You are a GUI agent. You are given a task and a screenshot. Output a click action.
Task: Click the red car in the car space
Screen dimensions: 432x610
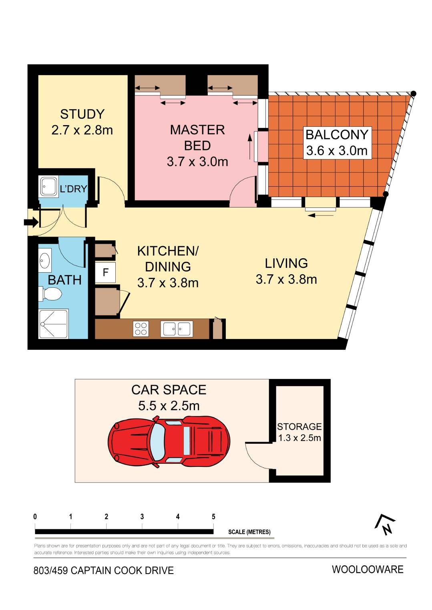click(x=169, y=442)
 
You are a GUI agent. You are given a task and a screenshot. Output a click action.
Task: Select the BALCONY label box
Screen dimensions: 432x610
click(x=337, y=143)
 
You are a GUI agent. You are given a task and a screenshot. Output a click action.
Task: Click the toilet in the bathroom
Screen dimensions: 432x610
click(x=50, y=294)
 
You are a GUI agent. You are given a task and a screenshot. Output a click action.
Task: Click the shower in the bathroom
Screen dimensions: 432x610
click(x=54, y=324)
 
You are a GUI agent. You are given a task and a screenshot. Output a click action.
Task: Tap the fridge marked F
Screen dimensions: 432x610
click(x=105, y=272)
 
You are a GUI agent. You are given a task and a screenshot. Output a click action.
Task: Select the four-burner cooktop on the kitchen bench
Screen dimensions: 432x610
click(x=141, y=329)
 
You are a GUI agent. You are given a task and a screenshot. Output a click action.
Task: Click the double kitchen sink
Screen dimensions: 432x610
click(x=177, y=329)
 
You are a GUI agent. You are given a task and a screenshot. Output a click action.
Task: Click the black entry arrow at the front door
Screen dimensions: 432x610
click(x=31, y=222)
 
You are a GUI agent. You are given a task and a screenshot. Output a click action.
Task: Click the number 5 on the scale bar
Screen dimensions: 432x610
click(x=213, y=516)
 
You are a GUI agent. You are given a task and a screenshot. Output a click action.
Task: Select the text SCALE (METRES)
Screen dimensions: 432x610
click(x=249, y=532)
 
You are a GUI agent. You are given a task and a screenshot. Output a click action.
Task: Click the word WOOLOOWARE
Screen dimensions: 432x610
click(x=368, y=570)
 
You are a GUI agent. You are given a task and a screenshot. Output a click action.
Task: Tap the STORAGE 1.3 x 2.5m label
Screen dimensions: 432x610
click(x=299, y=432)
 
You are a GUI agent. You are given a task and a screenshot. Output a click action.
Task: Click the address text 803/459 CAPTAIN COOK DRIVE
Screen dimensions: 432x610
click(x=103, y=570)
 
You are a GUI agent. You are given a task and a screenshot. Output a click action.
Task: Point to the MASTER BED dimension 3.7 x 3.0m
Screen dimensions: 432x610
click(x=197, y=162)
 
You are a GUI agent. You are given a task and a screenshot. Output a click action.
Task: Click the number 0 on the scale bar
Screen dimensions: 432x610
click(x=35, y=516)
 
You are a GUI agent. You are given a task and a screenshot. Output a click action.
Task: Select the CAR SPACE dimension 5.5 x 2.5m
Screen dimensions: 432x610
click(x=169, y=405)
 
